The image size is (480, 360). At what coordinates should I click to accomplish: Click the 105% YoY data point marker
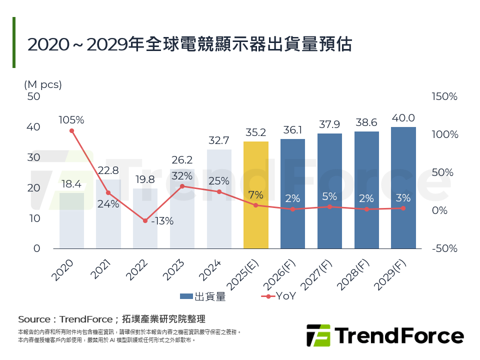point(71,131)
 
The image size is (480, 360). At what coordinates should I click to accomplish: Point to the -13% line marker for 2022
point(145,220)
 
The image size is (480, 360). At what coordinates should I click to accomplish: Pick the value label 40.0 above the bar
point(403,118)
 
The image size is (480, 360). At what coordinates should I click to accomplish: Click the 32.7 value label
point(219,140)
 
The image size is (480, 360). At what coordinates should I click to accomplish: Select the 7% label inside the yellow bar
point(255,194)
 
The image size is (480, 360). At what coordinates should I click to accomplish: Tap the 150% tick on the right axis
point(444,96)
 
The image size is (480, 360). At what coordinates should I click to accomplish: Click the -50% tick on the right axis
point(444,248)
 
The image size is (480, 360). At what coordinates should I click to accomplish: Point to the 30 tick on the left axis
point(33,157)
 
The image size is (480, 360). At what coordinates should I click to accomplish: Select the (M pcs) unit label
point(43,84)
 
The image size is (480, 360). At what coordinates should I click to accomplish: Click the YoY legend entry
point(279,296)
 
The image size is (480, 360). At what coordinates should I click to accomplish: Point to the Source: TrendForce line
point(111,319)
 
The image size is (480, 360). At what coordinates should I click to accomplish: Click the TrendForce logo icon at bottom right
point(318,335)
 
